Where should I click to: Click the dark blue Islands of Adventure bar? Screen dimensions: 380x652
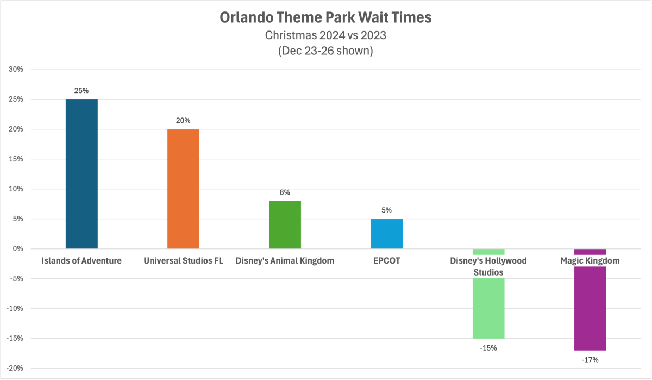tap(81, 174)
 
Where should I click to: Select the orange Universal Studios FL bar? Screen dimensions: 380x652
tap(183, 189)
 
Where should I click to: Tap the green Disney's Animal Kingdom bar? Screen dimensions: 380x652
tap(285, 225)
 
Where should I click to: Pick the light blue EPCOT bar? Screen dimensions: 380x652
tap(386, 234)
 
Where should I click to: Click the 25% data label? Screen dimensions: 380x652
tap(81, 91)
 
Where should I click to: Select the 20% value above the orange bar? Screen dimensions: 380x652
tap(183, 121)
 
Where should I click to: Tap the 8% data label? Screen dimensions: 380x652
tap(285, 192)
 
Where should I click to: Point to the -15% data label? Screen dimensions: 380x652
tap(488, 348)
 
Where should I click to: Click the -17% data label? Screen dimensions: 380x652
tap(590, 360)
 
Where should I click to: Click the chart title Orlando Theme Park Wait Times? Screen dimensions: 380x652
tap(325, 18)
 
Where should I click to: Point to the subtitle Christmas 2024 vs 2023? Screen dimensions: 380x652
tap(325, 35)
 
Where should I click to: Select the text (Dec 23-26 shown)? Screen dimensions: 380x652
tap(325, 51)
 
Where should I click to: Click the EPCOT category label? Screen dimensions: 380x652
tap(386, 261)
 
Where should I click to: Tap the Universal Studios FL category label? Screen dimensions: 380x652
tap(183, 261)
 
